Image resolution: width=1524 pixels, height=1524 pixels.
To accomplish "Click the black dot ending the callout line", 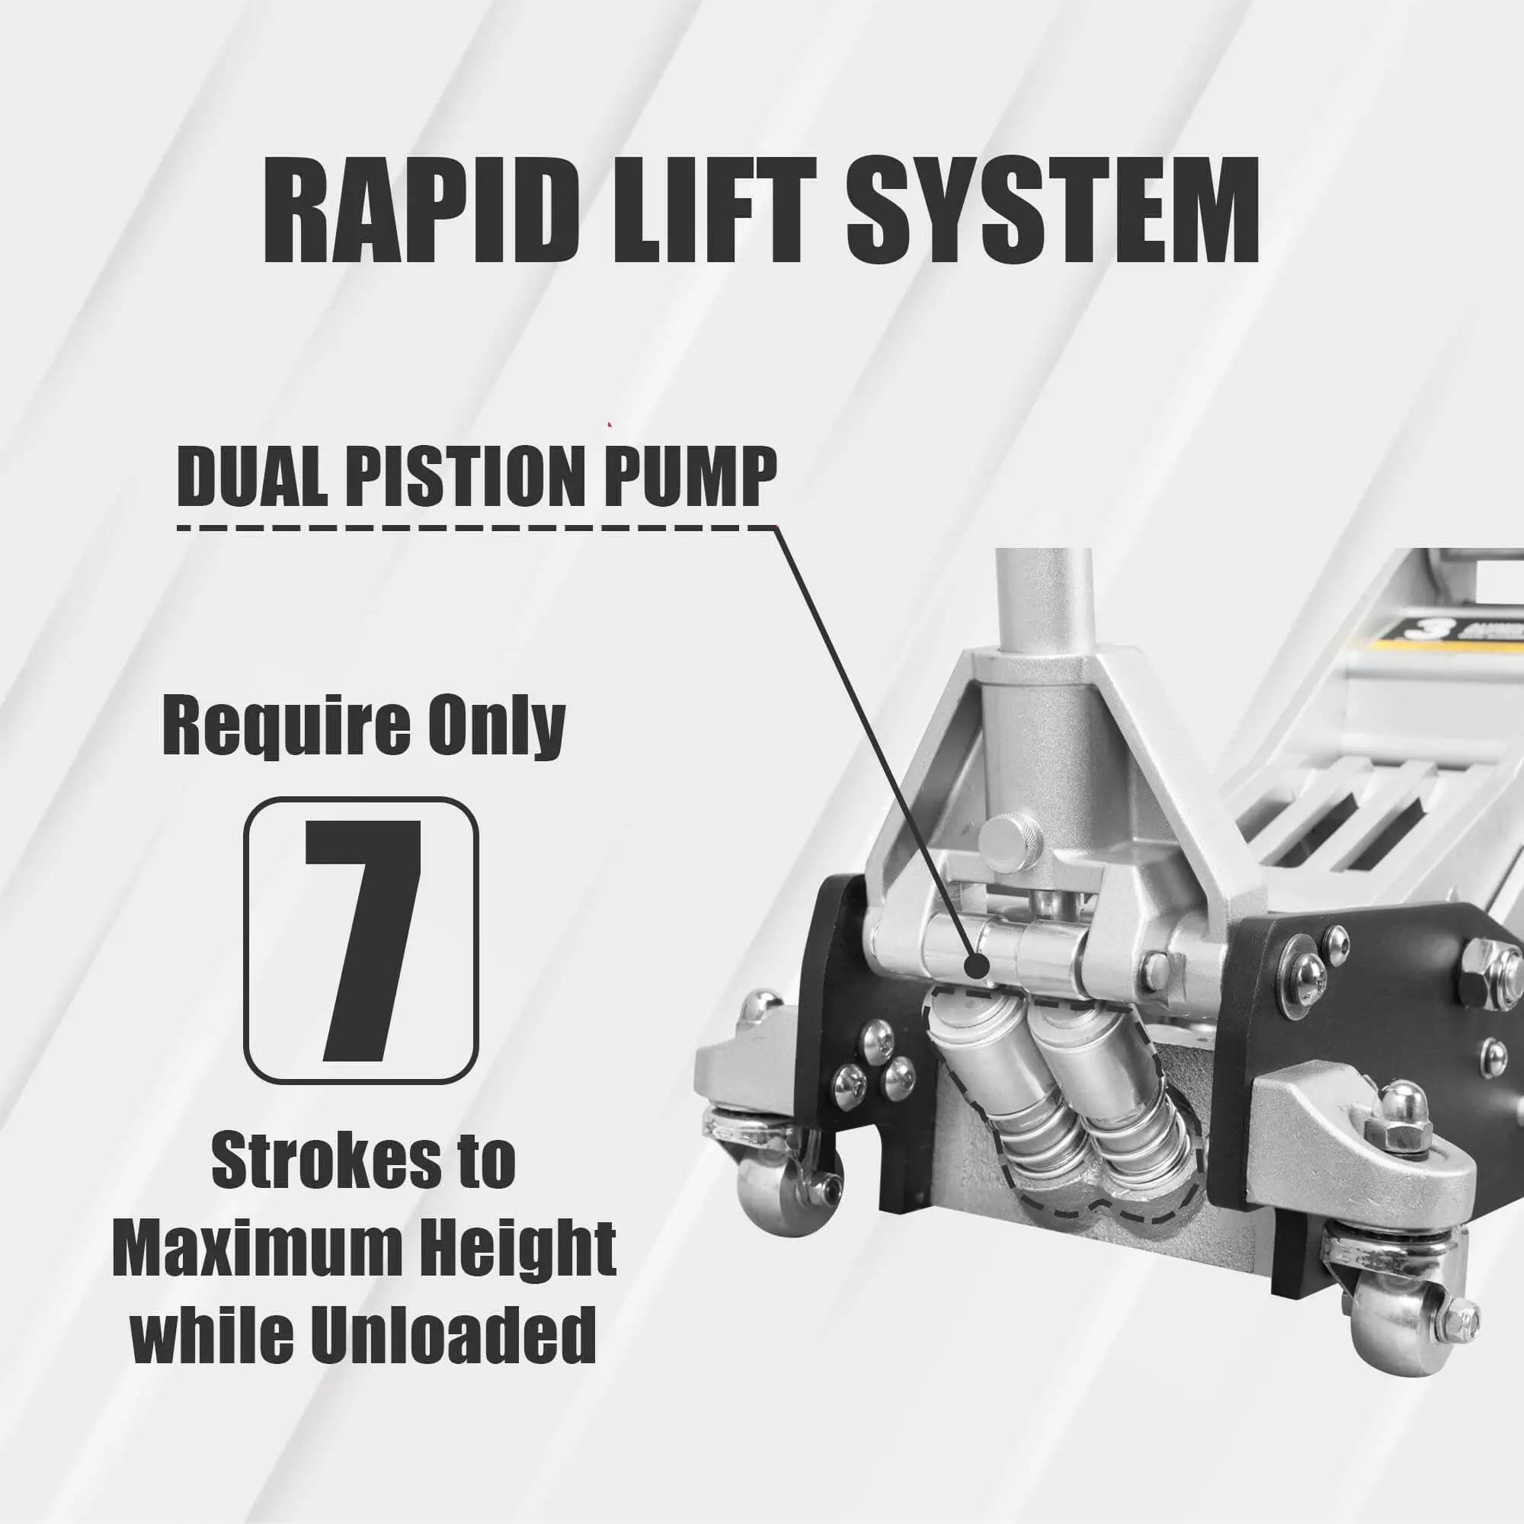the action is click(978, 963).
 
